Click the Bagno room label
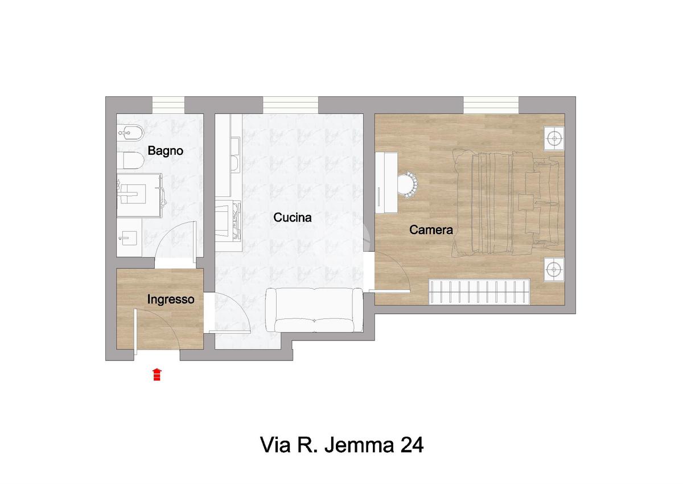(165, 151)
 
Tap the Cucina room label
(293, 218)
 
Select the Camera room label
(431, 230)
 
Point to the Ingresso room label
(170, 300)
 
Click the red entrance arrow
(157, 375)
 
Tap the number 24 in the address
(412, 446)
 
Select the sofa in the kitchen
(314, 310)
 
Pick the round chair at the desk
(408, 185)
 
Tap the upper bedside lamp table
(554, 138)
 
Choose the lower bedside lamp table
(554, 269)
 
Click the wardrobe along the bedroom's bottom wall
(479, 292)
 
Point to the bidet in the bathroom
(130, 133)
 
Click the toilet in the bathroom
(130, 161)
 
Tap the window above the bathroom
(168, 105)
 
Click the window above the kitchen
(290, 105)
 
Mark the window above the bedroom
(491, 105)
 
